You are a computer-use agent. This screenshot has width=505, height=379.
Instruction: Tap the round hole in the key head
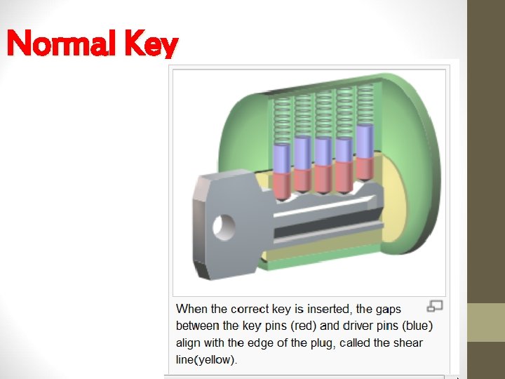pyautogui.click(x=225, y=225)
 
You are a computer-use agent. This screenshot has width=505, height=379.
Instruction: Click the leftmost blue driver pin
pyautogui.click(x=281, y=158)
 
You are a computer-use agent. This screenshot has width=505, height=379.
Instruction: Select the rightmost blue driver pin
pyautogui.click(x=365, y=141)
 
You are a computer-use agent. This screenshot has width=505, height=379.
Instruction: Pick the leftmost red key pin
pyautogui.click(x=281, y=185)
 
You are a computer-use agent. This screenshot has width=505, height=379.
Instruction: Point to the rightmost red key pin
pyautogui.click(x=365, y=168)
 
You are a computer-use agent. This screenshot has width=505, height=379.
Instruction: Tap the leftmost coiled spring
pyautogui.click(x=281, y=119)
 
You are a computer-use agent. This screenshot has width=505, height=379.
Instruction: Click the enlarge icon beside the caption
pyautogui.click(x=435, y=306)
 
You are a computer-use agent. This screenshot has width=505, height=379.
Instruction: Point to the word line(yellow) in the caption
pyautogui.click(x=207, y=360)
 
